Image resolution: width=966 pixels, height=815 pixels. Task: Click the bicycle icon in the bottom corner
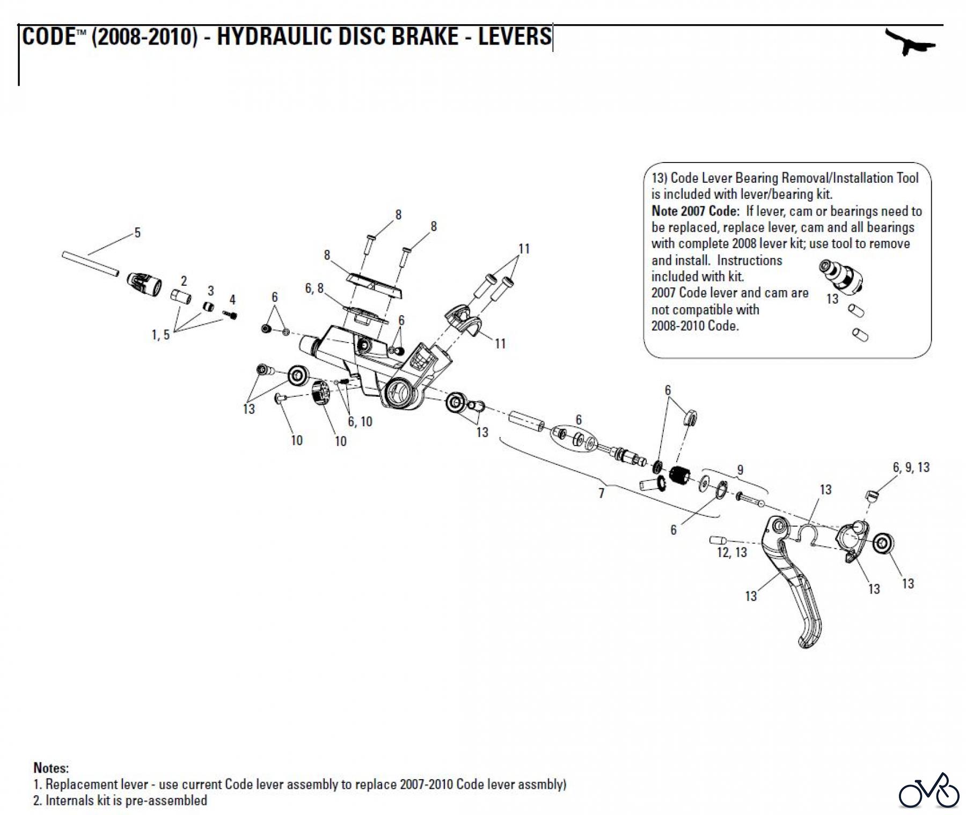929,790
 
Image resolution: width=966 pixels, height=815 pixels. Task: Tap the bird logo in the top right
910,43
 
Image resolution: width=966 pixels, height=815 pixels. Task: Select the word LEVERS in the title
515,36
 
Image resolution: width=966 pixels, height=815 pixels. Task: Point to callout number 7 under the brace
601,493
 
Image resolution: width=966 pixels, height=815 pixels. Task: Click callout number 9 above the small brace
740,470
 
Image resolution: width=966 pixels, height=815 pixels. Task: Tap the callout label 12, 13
731,552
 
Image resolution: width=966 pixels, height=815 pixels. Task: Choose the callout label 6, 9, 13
911,468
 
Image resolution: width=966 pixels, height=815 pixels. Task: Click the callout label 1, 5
160,335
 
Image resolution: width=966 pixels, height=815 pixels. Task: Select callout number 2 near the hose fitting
184,281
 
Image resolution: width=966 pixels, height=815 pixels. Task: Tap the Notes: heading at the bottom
51,767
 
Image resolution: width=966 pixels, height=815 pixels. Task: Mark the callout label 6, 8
314,288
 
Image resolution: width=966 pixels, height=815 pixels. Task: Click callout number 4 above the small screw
232,300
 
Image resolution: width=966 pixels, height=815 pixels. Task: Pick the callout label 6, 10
360,421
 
